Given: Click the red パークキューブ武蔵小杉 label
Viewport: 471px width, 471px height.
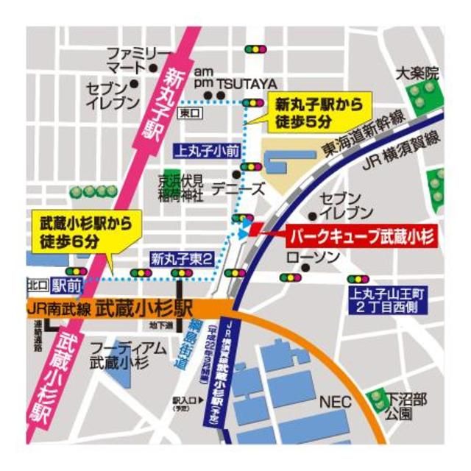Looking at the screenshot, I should click(361, 236).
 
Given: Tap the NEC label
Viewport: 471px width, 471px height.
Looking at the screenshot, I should click(332, 403).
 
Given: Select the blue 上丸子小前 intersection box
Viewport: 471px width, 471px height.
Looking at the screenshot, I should click(206, 150).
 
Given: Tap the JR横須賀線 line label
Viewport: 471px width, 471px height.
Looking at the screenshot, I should click(400, 151).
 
